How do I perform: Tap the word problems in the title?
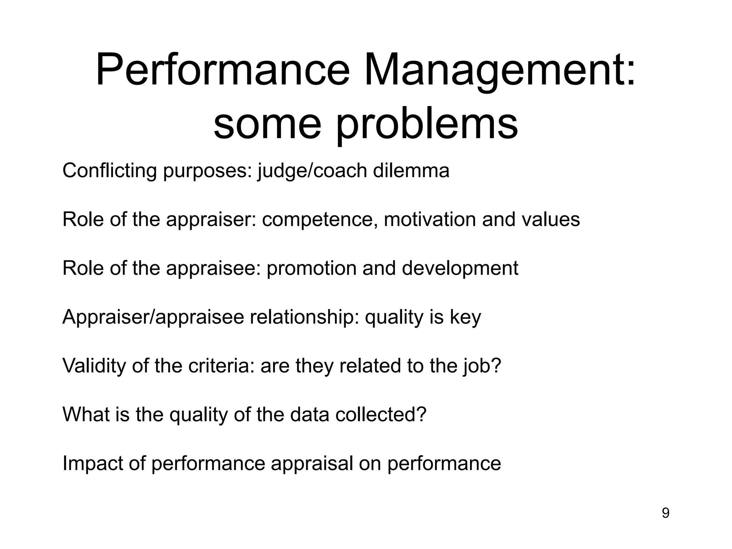pyautogui.click(x=426, y=124)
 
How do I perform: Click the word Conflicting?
pyautogui.click(x=109, y=171)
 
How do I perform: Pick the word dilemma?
pyautogui.click(x=411, y=171)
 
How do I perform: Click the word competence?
pyautogui.click(x=320, y=219)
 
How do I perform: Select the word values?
pyautogui.click(x=550, y=219)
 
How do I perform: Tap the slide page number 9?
pyautogui.click(x=666, y=514)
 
